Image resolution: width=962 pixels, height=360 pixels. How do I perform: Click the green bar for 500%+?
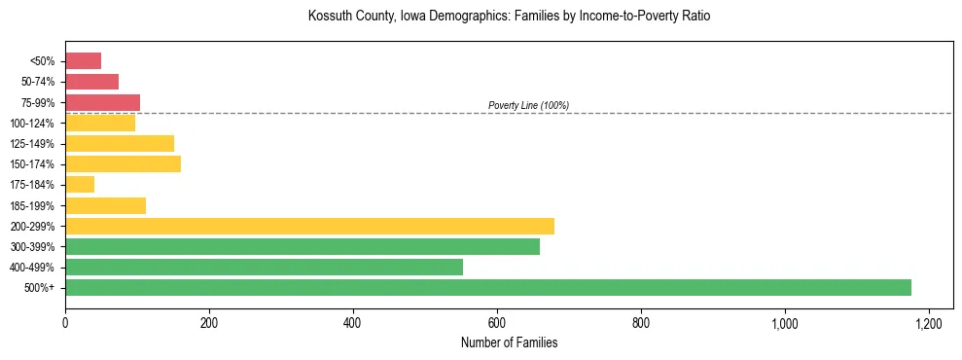(x=487, y=287)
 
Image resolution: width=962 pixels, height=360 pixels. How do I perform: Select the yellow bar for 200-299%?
(x=309, y=226)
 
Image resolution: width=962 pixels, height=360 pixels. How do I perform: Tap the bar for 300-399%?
(x=303, y=246)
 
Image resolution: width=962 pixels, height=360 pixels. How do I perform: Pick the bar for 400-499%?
(x=264, y=267)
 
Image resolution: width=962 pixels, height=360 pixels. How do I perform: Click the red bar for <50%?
(x=83, y=60)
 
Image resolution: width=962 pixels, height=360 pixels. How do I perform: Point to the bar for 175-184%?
(x=80, y=184)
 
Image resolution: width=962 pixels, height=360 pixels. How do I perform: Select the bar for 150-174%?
(x=123, y=163)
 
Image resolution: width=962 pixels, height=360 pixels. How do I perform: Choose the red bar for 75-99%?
(x=102, y=102)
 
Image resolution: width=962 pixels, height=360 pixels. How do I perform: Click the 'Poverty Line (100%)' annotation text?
(x=528, y=105)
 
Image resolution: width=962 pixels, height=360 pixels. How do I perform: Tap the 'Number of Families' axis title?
(x=509, y=342)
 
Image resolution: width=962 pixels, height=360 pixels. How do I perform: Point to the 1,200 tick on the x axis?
(x=928, y=322)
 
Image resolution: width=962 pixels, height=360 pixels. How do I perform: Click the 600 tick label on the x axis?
(x=497, y=322)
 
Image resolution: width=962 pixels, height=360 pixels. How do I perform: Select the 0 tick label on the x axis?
(x=65, y=322)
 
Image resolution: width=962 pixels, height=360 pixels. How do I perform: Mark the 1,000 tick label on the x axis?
(x=784, y=322)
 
